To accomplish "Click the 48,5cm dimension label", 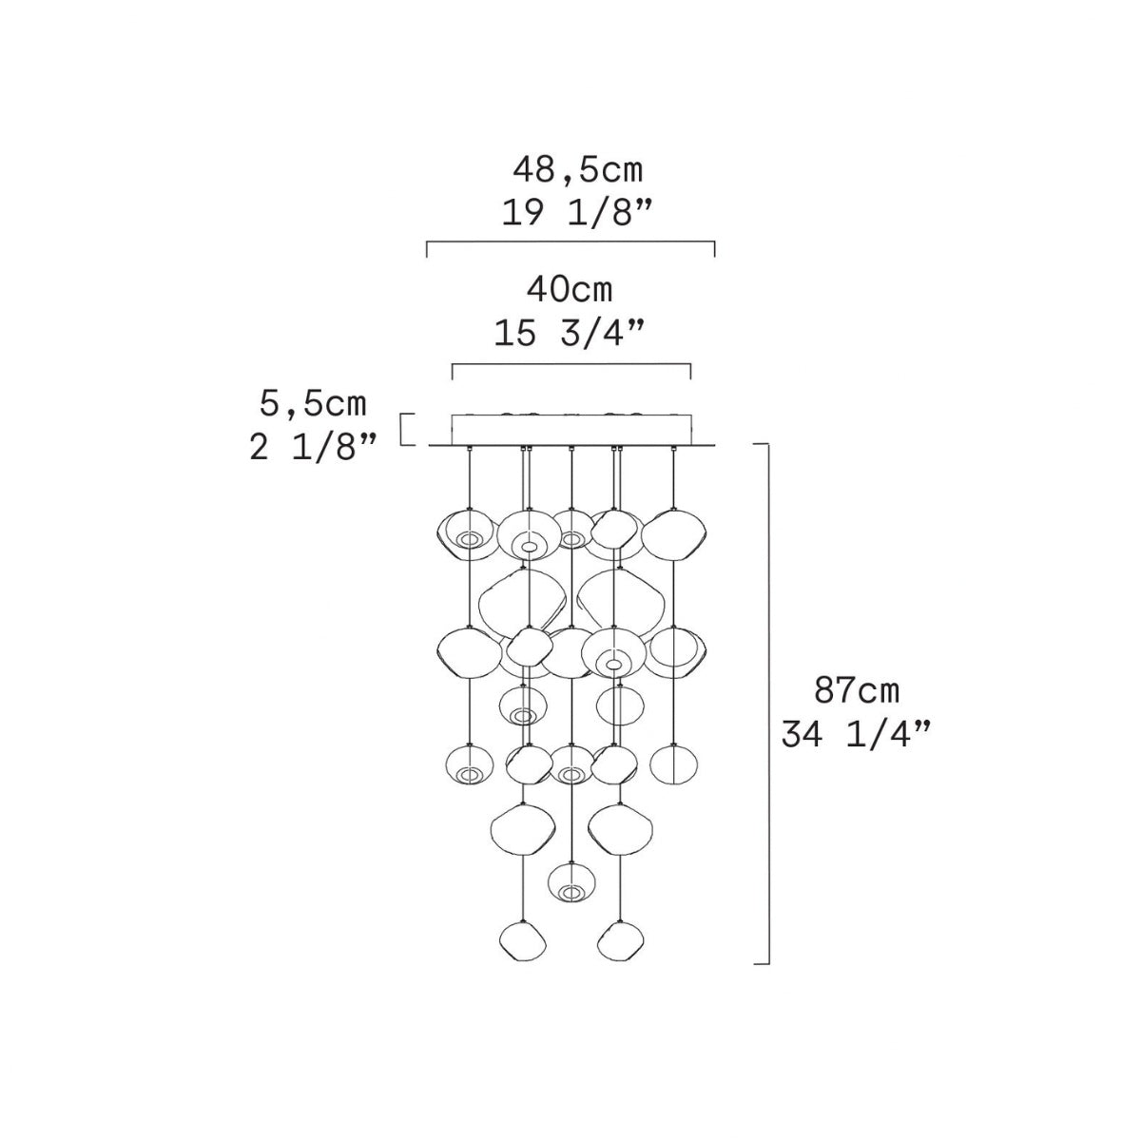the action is (577, 170).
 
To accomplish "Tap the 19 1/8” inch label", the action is (577, 213).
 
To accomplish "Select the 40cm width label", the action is (570, 290).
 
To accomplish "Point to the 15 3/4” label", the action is (570, 333).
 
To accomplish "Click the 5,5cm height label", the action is (313, 404).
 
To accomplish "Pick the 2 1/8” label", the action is (313, 448).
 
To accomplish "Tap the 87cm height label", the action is (856, 690).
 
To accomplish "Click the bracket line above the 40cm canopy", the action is (571, 365).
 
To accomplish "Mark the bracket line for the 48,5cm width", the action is (570, 242).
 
